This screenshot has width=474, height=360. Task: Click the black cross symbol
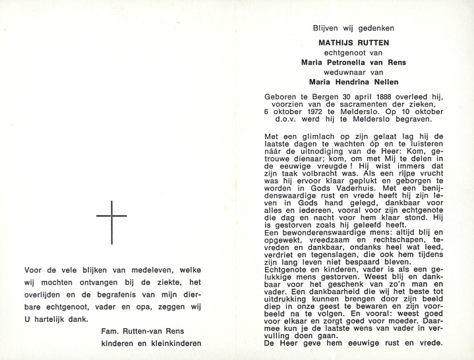tap(111, 222)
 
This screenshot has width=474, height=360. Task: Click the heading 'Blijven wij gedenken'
tap(354, 28)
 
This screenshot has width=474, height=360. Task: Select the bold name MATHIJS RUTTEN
tap(354, 43)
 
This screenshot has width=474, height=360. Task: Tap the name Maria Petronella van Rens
tap(354, 63)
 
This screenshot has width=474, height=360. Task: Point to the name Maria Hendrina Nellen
tap(354, 82)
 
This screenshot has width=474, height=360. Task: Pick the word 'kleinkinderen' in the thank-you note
tap(173, 343)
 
